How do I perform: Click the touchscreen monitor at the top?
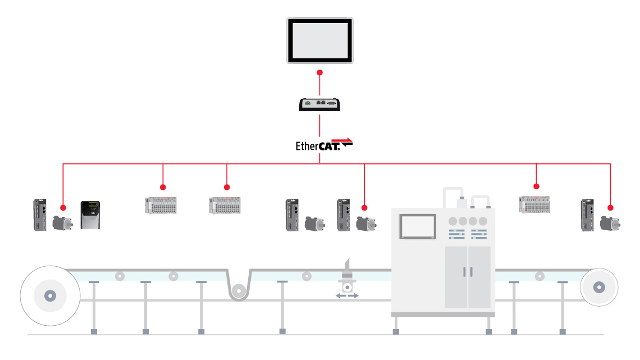[x=320, y=40]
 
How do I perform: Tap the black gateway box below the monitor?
[x=320, y=104]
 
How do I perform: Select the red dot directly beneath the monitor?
[x=320, y=73]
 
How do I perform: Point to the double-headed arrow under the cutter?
[x=347, y=295]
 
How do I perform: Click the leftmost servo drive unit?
[x=40, y=214]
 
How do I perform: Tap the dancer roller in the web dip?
[x=240, y=291]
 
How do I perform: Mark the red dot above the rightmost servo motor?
[x=610, y=207]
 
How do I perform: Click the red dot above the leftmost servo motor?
[x=63, y=206]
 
